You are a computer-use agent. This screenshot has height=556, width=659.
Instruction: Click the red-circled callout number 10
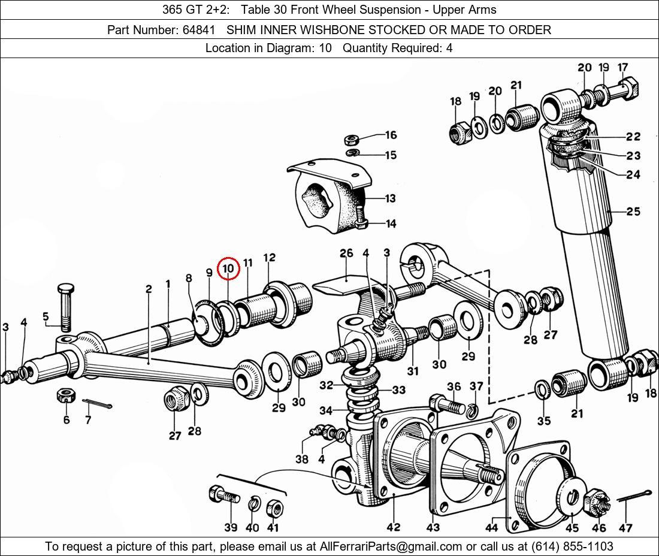228,268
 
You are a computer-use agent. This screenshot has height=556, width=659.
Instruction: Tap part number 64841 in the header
199,30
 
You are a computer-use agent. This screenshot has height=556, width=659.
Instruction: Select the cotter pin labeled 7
97,404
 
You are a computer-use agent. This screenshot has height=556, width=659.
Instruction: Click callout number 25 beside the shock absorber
633,211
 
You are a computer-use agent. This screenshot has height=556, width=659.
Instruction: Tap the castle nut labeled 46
594,503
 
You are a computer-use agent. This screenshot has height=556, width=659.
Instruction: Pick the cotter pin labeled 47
634,496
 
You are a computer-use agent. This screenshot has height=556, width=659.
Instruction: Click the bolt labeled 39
224,495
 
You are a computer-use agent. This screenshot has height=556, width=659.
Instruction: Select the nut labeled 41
274,508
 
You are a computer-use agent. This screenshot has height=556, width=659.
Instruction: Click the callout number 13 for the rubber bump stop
391,198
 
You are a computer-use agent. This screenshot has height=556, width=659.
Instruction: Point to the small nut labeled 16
351,139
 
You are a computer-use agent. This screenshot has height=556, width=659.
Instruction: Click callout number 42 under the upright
394,527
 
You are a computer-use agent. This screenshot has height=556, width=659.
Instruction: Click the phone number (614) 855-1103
572,546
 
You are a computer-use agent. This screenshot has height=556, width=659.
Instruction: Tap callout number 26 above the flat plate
346,253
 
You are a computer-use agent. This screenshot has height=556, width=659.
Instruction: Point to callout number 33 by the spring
399,390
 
